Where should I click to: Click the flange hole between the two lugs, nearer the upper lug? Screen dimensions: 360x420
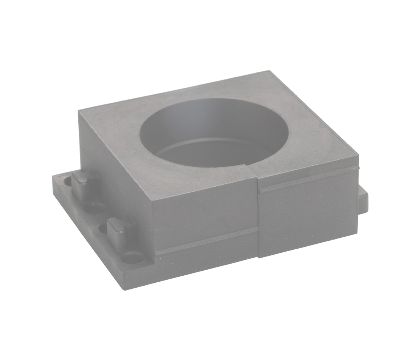(x=95, y=207)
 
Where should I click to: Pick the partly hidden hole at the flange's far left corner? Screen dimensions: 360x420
(x=67, y=181)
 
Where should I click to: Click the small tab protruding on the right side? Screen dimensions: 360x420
(x=363, y=199)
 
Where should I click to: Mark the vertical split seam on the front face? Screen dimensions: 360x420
(x=258, y=217)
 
